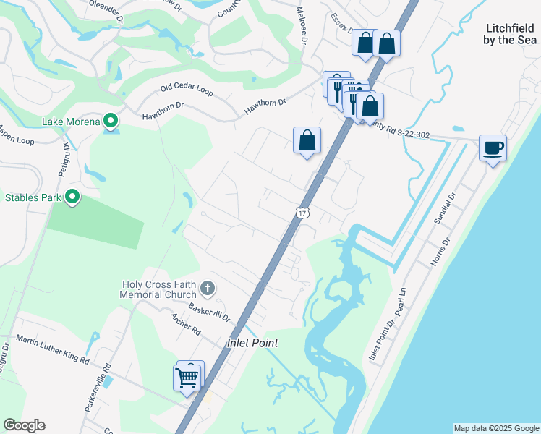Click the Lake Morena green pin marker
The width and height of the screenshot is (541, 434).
click(x=110, y=120)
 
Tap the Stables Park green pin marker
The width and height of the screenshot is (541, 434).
click(x=72, y=197)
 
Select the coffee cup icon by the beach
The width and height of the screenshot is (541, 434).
click(x=493, y=149)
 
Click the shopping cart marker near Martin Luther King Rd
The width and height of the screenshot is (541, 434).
click(x=187, y=377)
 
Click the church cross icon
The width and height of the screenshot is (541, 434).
click(x=208, y=289)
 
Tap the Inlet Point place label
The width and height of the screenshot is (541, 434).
click(x=252, y=343)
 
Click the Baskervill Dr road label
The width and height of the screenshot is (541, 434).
click(x=209, y=312)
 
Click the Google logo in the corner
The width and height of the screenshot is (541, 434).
click(x=24, y=425)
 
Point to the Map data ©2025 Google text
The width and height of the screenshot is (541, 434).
click(x=496, y=428)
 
